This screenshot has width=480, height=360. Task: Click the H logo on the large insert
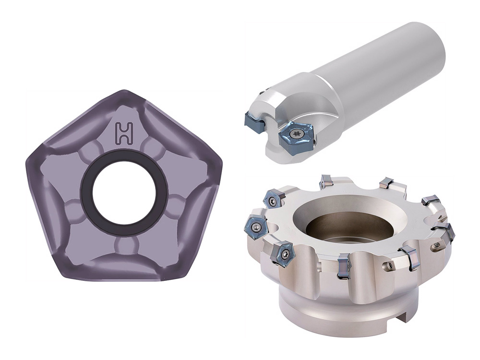coord(125,133)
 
